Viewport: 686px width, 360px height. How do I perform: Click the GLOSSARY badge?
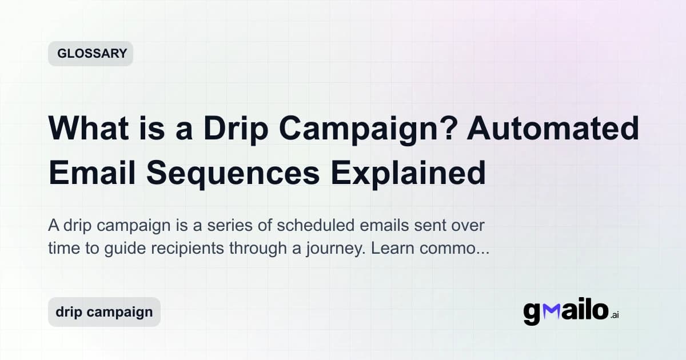90,54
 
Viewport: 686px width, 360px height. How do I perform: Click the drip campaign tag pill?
104,312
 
